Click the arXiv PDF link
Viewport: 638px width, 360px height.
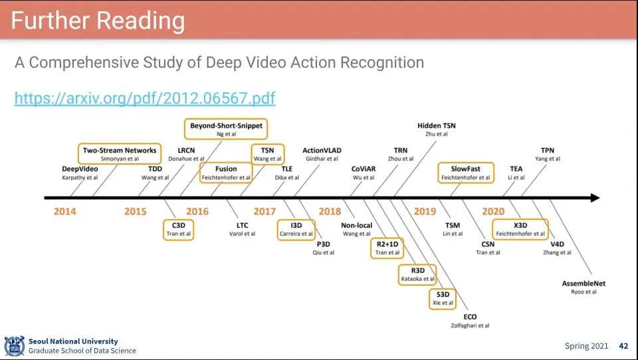coord(145,98)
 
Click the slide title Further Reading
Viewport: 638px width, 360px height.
coord(98,21)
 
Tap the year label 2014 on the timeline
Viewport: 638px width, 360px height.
coord(65,211)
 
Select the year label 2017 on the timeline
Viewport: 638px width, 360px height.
coord(265,211)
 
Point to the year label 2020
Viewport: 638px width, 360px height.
coord(493,211)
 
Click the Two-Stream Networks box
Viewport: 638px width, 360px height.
coord(120,154)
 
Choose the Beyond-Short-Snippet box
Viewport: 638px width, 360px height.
coord(226,129)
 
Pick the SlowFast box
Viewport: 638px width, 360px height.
coord(466,173)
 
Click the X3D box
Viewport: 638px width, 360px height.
coord(520,229)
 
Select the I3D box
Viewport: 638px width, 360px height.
coord(296,229)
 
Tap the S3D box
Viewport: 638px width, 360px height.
coord(443,298)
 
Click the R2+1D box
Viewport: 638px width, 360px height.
coord(387,248)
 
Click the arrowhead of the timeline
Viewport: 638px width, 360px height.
coord(593,198)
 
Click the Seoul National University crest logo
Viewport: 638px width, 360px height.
coord(14,346)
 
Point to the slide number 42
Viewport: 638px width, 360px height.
coord(623,346)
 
